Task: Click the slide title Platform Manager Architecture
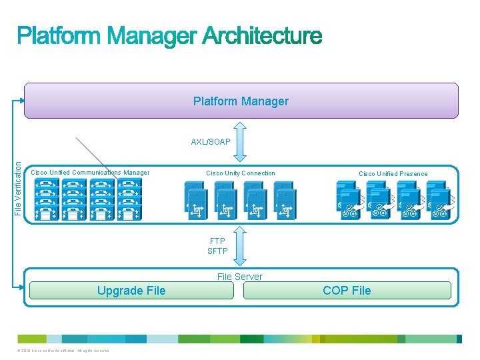coord(169,36)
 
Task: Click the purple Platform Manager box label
coord(241,101)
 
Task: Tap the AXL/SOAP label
coord(211,142)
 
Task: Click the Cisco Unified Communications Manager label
coord(91,173)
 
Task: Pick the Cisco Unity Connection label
coord(240,173)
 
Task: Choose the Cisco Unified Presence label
coord(393,174)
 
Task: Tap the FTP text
coord(217,241)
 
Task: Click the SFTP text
coord(217,251)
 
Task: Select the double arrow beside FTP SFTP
coord(241,247)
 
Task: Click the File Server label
coord(240,277)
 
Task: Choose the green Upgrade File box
coord(131,290)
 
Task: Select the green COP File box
coord(347,290)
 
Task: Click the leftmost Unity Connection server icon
coord(195,200)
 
